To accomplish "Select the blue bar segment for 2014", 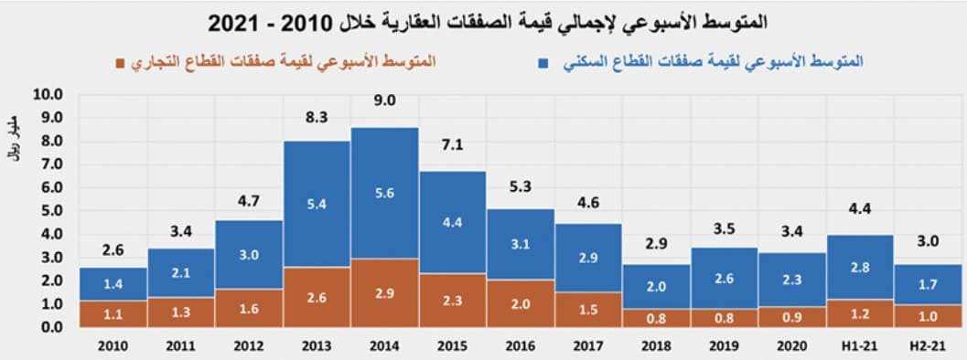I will (x=384, y=193).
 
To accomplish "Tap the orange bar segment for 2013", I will (x=316, y=296).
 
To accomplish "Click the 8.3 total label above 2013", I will (x=316, y=116).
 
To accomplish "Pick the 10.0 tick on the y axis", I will (x=47, y=94).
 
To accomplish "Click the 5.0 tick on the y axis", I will (x=47, y=210).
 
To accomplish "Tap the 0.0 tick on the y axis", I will (x=47, y=326).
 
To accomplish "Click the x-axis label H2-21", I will (x=929, y=344).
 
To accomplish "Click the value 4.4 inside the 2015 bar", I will (x=452, y=222).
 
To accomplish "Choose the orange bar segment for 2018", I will (x=656, y=317).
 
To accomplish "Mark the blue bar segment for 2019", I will (x=725, y=278).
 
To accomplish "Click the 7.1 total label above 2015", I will (x=452, y=145).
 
